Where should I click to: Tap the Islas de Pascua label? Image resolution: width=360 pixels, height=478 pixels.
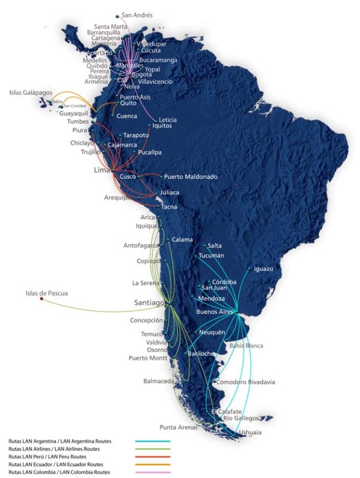click(x=46, y=293)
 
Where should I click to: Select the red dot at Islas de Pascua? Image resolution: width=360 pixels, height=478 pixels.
click(x=41, y=299)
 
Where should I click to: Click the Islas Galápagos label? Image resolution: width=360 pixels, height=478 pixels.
click(x=31, y=93)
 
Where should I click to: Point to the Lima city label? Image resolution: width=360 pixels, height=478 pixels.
click(x=103, y=170)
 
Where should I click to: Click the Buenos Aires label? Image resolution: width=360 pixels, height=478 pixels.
click(x=215, y=311)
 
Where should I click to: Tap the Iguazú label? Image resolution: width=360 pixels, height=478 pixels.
click(x=264, y=268)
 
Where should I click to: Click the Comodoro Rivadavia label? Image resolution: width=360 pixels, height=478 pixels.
click(x=246, y=382)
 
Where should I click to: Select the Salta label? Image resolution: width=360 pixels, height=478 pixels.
click(x=215, y=245)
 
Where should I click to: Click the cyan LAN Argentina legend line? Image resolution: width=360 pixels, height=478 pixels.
click(x=153, y=442)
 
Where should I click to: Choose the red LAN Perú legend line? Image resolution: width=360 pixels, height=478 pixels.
click(x=153, y=457)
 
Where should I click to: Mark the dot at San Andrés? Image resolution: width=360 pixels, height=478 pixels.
click(x=118, y=16)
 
